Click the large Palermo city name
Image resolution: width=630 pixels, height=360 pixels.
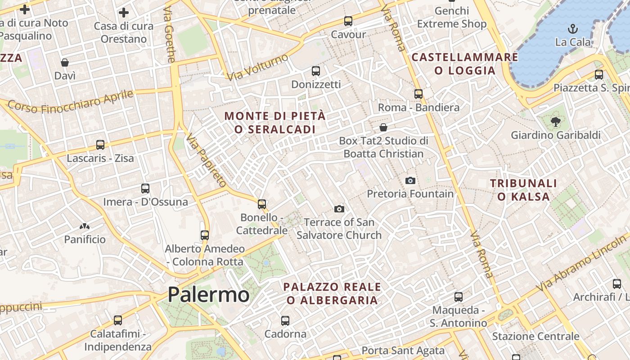(x=208, y=295)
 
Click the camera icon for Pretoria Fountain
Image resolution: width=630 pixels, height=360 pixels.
(x=410, y=180)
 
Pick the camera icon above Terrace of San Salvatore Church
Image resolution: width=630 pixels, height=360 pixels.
(x=339, y=209)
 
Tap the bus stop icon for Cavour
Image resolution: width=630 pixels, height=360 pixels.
(x=348, y=21)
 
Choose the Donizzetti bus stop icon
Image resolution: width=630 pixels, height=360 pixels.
(x=316, y=71)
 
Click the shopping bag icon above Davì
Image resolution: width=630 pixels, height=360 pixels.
(x=65, y=63)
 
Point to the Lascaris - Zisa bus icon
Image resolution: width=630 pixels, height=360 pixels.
(x=100, y=145)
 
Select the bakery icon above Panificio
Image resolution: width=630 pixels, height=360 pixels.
(x=84, y=226)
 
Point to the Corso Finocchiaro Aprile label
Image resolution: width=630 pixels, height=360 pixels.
(x=71, y=102)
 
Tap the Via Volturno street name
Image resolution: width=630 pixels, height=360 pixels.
(x=257, y=67)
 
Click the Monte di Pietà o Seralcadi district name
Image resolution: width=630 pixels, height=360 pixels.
(x=274, y=122)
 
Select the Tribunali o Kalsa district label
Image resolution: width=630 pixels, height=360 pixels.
(x=523, y=190)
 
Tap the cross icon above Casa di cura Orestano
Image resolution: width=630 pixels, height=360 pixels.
(x=124, y=13)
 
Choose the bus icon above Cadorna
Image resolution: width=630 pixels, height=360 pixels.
(x=285, y=321)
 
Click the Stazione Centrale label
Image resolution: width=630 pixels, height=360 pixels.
(x=535, y=336)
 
